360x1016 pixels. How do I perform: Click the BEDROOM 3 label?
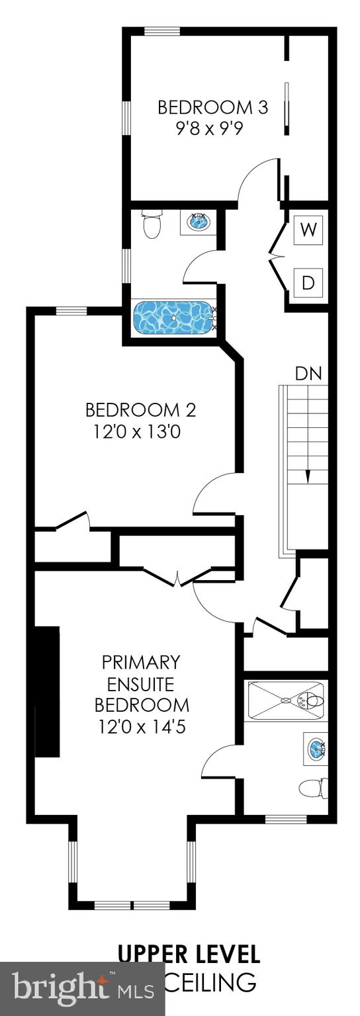[x=212, y=107]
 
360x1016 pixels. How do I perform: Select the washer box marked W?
[x=308, y=230]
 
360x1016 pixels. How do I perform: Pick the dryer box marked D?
[x=308, y=282]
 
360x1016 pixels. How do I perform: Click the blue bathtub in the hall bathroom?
[x=173, y=317]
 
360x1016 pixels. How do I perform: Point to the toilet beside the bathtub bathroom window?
[x=152, y=224]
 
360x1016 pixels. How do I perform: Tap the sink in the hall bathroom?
[x=197, y=222]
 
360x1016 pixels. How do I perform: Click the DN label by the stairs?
[x=308, y=373]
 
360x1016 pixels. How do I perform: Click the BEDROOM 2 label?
[x=140, y=410]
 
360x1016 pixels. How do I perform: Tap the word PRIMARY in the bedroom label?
[x=141, y=661]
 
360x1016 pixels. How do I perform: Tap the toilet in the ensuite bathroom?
[x=312, y=788]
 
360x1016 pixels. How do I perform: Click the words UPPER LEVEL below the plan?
[x=189, y=954]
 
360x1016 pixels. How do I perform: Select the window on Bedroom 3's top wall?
[x=162, y=31]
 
